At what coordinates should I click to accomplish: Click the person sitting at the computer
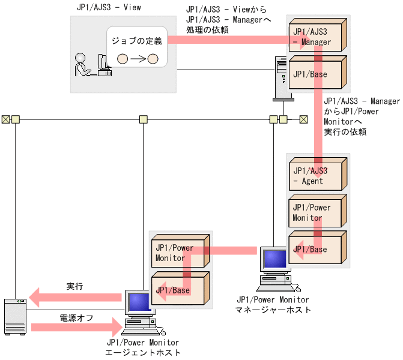80,65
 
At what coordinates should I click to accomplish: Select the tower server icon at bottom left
15,316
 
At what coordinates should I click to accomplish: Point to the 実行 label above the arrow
74,286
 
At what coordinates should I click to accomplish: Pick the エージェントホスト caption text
143,353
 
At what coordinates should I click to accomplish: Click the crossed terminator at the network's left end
5,119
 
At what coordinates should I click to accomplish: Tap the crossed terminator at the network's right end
303,119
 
